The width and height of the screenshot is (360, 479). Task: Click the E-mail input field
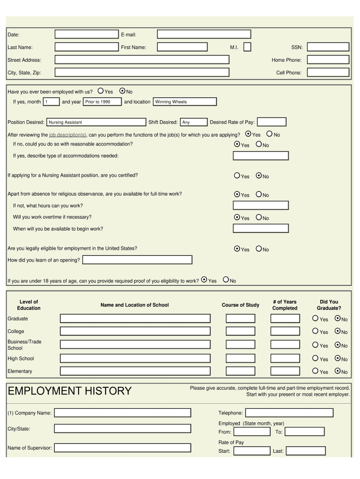tap(204, 34)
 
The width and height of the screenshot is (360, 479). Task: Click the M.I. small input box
tap(247, 47)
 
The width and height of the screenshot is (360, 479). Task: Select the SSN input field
tap(328, 47)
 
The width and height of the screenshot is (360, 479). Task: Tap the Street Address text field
tap(142, 59)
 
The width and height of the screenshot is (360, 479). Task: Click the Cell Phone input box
tap(328, 73)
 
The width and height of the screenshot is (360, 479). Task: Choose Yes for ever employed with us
tap(101, 91)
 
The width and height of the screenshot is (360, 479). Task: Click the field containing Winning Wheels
tap(185, 102)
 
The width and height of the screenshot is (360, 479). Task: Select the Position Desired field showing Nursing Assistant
tap(96, 122)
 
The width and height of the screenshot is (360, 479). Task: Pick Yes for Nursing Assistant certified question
tap(237, 176)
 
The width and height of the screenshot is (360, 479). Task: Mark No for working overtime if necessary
tap(259, 218)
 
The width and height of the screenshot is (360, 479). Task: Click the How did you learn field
tap(137, 260)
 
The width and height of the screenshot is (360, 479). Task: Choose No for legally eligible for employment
tap(259, 249)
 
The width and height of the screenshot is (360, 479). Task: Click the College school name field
tap(135, 331)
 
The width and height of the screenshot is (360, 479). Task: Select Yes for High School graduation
tap(315, 359)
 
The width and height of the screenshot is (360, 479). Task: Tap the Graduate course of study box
tap(240, 319)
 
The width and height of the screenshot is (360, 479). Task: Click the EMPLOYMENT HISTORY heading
tap(70, 391)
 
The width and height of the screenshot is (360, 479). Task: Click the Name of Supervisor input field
tap(122, 448)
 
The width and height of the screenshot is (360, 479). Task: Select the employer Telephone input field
tap(289, 413)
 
